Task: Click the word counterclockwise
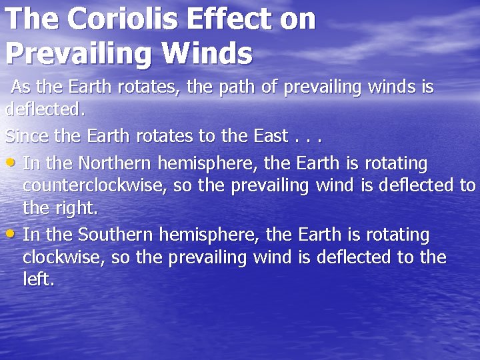pyautogui.click(x=95, y=185)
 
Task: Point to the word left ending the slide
pyautogui.click(x=38, y=279)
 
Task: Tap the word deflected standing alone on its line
pyautogui.click(x=44, y=109)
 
